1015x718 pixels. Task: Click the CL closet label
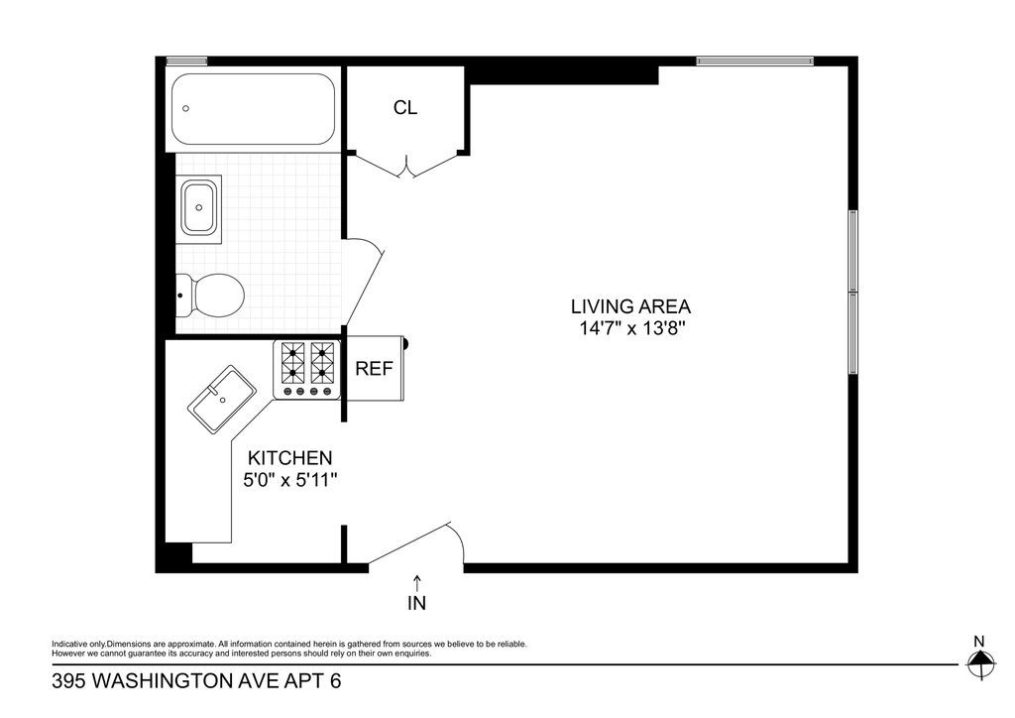click(405, 107)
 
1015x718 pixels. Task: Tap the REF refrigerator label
click(374, 368)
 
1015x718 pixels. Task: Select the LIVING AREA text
click(630, 306)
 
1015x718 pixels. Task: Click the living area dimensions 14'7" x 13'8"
click(631, 328)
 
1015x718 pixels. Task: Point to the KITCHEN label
click(290, 458)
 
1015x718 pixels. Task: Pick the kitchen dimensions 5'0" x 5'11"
click(290, 480)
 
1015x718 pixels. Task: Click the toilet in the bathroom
click(210, 296)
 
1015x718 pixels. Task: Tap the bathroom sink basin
click(199, 208)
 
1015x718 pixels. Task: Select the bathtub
click(253, 109)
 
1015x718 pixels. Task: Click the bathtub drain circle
click(186, 109)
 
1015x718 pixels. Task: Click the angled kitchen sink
click(222, 400)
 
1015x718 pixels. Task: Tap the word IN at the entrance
click(417, 603)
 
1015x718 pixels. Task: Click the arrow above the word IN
click(417, 582)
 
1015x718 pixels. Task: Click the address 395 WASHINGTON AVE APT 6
click(196, 681)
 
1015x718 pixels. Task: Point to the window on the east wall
click(853, 292)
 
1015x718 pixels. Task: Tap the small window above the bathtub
click(186, 60)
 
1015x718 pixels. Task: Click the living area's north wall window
click(754, 60)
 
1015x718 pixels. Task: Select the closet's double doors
click(406, 165)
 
